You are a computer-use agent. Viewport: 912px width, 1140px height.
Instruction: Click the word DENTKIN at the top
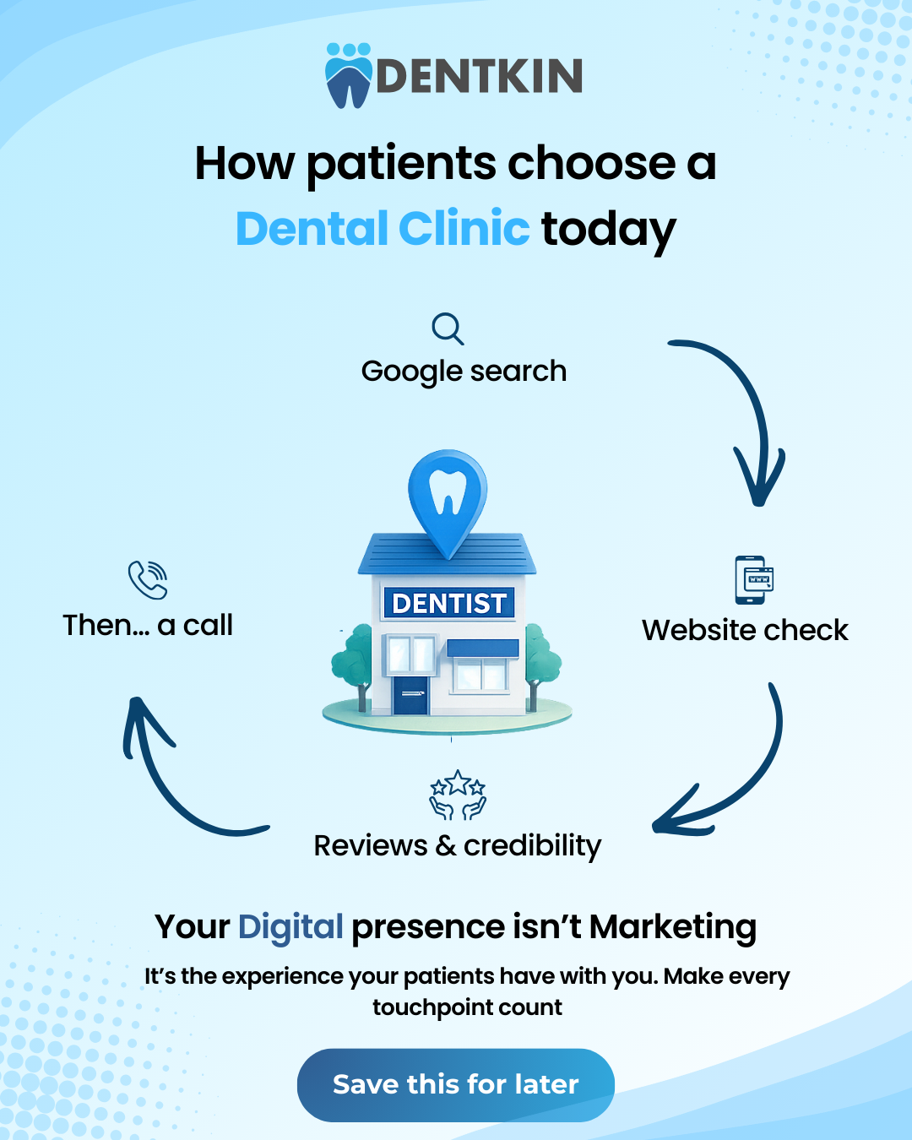[x=480, y=76]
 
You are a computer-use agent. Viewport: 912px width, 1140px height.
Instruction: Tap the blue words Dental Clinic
[x=383, y=228]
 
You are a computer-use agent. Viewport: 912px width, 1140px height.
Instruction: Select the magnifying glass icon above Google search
[x=448, y=328]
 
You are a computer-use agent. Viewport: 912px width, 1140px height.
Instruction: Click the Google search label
[x=464, y=372]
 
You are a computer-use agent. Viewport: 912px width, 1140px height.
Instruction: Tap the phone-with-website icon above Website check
[x=754, y=579]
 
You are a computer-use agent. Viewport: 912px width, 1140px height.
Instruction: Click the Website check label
[x=745, y=630]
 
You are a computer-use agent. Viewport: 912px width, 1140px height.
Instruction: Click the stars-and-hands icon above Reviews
[x=458, y=795]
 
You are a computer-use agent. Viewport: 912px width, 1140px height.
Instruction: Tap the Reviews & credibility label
[x=458, y=845]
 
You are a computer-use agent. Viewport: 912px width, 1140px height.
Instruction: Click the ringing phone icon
[x=148, y=579]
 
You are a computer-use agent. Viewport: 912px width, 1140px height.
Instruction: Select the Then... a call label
[x=148, y=626]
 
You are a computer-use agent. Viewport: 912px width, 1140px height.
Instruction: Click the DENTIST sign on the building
[x=449, y=603]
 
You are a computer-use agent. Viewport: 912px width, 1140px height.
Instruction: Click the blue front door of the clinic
[x=411, y=694]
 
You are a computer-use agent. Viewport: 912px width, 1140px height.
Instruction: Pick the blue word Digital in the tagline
[x=290, y=927]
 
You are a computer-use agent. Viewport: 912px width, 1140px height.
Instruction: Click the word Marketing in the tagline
[x=672, y=927]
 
